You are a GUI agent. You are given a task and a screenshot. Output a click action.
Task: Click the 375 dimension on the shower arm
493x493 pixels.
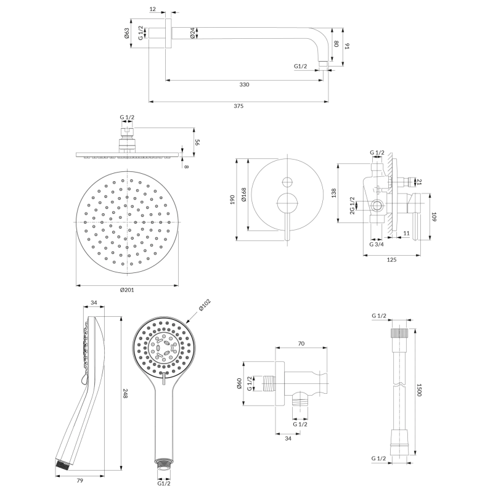(238, 106)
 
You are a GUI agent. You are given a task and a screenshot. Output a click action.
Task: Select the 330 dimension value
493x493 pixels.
(244, 84)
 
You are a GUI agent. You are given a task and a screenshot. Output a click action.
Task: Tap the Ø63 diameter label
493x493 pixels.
(126, 33)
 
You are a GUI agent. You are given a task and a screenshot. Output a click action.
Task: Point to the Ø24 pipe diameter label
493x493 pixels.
(192, 33)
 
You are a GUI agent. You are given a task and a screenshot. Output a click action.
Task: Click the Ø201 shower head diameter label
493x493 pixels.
(127, 290)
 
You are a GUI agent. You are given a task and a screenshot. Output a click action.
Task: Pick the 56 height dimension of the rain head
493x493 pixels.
(197, 142)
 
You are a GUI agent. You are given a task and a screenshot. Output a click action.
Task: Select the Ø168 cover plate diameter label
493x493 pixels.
(244, 195)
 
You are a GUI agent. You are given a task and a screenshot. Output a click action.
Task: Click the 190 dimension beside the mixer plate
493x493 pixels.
(232, 200)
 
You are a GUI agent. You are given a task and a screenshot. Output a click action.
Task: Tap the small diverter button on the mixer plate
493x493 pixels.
(287, 182)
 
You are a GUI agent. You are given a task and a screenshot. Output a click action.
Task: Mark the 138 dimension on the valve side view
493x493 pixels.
(334, 193)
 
